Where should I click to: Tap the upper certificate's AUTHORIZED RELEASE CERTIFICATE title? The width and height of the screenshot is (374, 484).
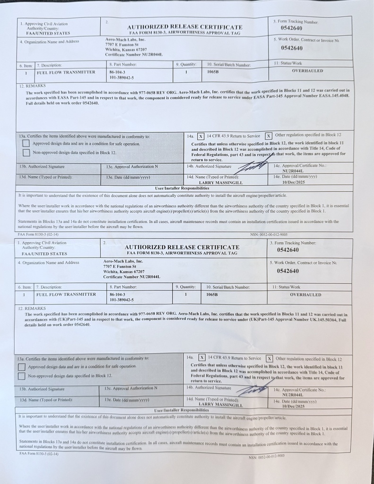pos(185,27)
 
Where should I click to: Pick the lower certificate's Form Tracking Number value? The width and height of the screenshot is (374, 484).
pos(288,250)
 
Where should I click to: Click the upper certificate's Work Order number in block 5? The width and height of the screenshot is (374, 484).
pos(292,48)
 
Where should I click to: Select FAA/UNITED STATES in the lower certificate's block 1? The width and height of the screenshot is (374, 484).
pos(45,253)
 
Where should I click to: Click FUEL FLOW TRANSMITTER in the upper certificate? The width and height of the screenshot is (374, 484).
pos(63,72)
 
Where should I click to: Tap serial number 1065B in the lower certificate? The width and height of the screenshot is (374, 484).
pos(212,294)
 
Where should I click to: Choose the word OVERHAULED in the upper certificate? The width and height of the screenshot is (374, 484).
pos(307,71)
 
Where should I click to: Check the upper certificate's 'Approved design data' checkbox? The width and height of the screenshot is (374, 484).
pos(26,144)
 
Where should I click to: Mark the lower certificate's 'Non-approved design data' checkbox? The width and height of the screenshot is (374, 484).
pos(22,376)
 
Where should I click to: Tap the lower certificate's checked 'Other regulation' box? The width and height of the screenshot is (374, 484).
pos(270,358)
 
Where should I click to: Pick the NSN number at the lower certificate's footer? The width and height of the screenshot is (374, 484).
pos(267,457)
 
